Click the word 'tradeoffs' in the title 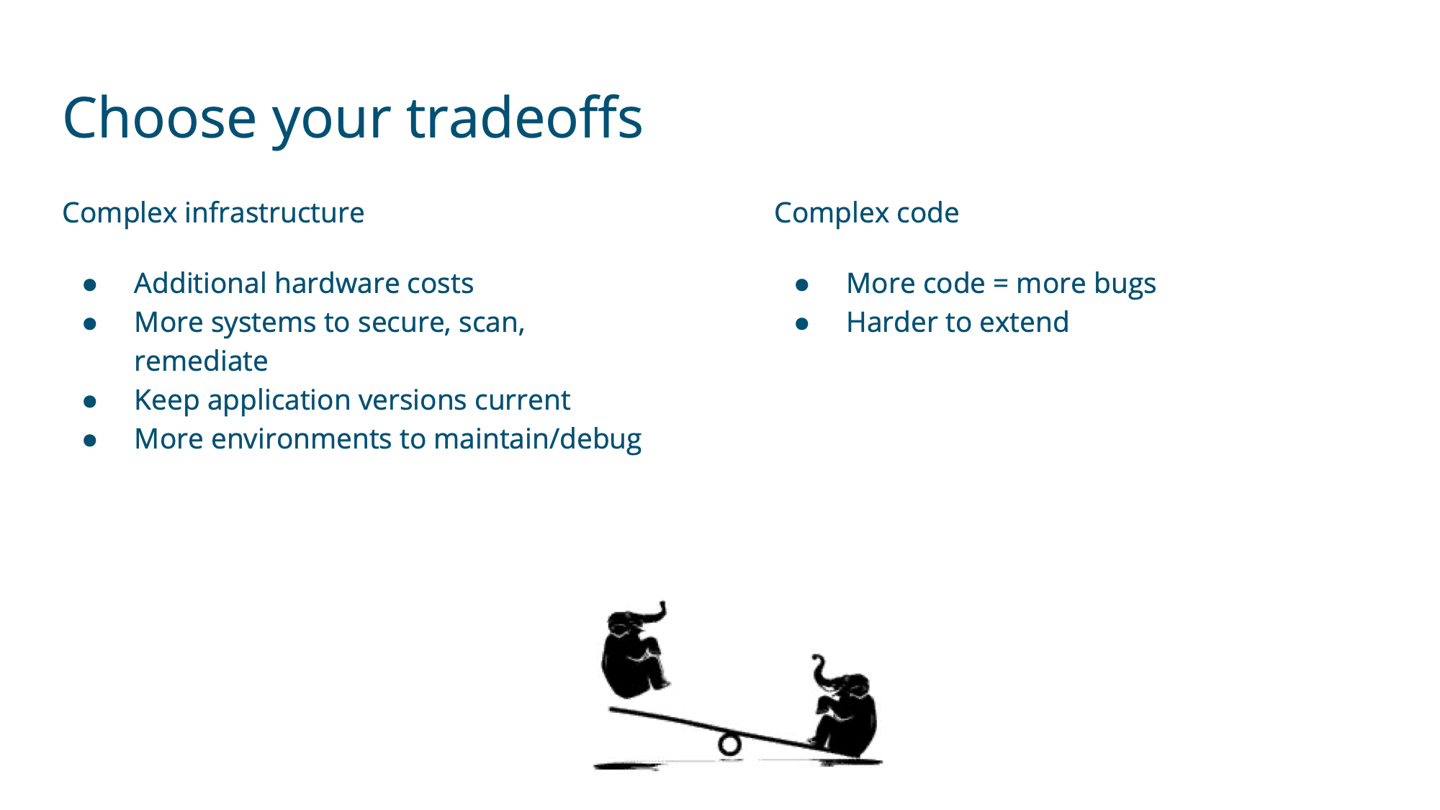click(x=525, y=117)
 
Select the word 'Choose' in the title click(x=160, y=117)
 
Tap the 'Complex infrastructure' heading click(x=213, y=213)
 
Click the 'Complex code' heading click(x=866, y=213)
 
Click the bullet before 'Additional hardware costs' click(x=90, y=285)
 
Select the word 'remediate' click(x=201, y=361)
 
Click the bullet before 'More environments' click(x=90, y=441)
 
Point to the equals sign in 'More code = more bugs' click(x=1000, y=284)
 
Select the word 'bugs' click(x=1125, y=284)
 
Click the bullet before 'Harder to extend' click(x=802, y=324)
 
